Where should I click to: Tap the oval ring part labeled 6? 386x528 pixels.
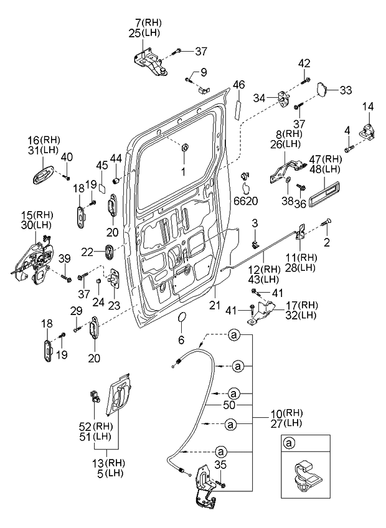pos(181,320)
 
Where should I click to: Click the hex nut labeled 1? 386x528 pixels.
pos(185,148)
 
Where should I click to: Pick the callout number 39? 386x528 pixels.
pos(65,258)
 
